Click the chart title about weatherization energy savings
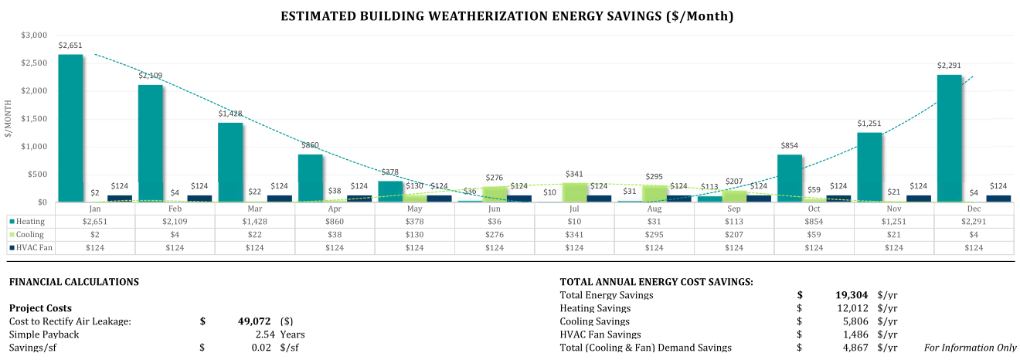tap(507, 15)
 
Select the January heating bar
tap(70, 127)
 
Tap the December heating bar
tap(949, 138)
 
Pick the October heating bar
tap(789, 178)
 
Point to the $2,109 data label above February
tap(151, 75)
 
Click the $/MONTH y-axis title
tap(8, 118)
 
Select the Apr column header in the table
tap(335, 209)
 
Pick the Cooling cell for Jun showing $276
tap(495, 234)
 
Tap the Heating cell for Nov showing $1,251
tap(894, 221)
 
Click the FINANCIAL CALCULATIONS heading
tap(74, 282)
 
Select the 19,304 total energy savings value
tap(852, 295)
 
